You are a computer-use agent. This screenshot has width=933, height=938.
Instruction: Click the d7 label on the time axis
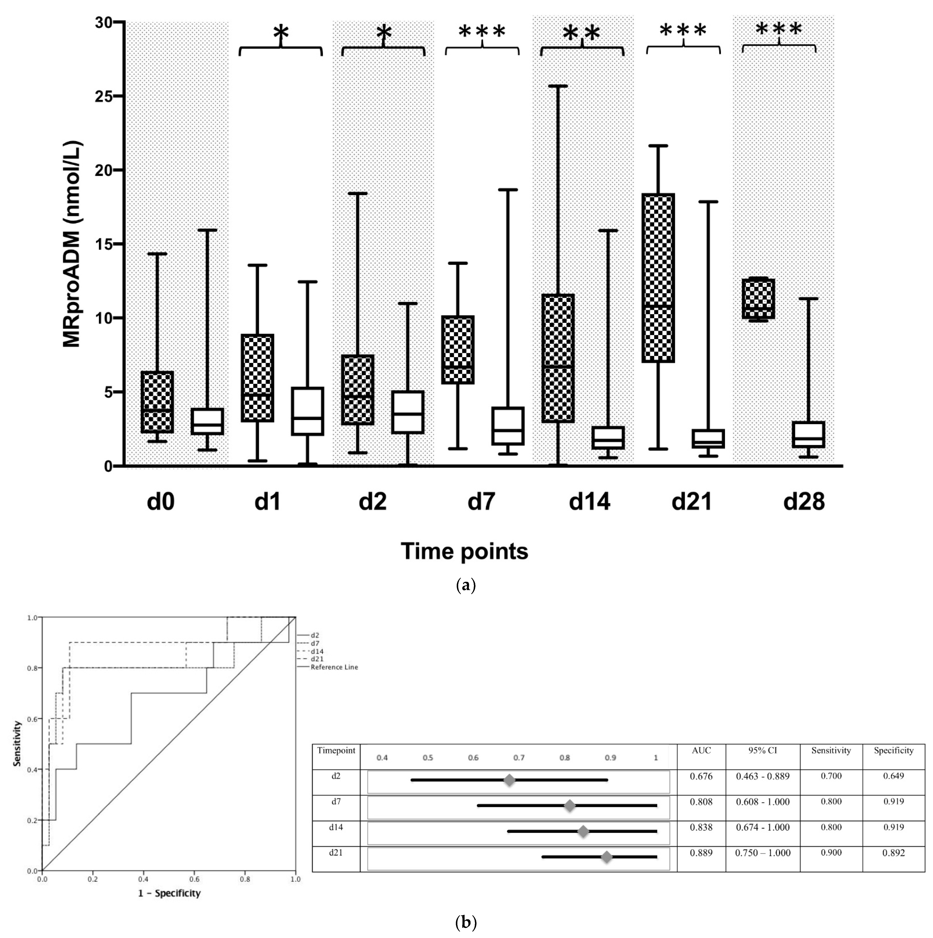coord(481,502)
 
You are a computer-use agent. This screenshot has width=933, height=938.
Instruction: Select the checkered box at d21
coord(658,278)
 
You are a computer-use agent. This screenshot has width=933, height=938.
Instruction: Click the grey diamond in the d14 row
coord(583,832)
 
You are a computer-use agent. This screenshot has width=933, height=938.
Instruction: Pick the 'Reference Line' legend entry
coord(334,667)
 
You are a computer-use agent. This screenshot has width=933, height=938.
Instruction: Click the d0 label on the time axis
coord(161,502)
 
